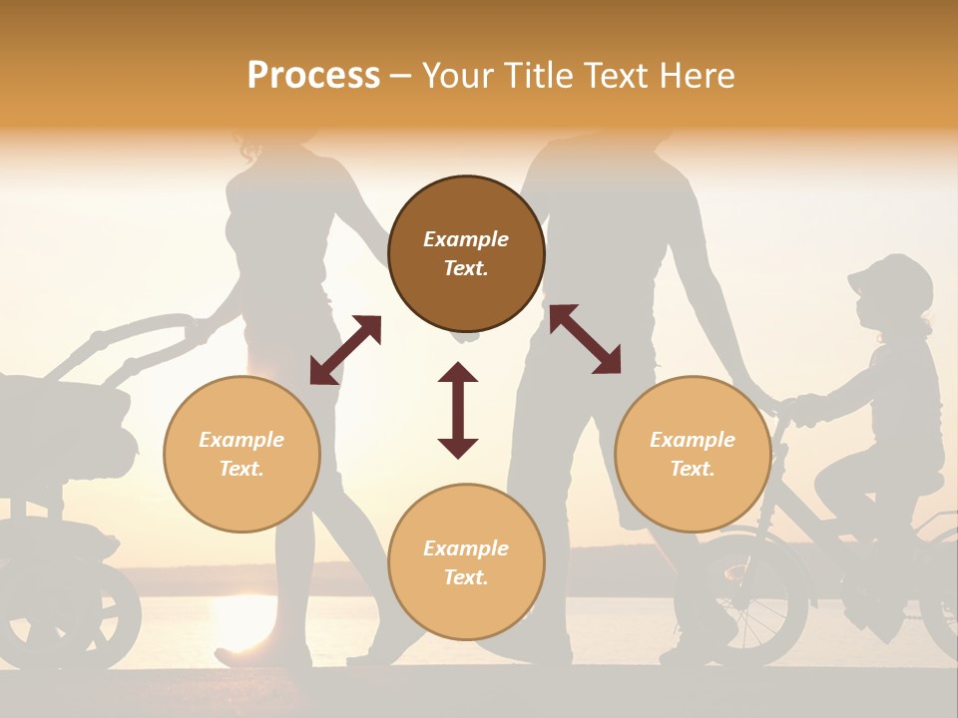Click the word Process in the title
click(x=313, y=76)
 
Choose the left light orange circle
click(x=241, y=454)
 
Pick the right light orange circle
click(x=693, y=454)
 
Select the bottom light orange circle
click(x=466, y=561)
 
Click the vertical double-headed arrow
click(x=458, y=410)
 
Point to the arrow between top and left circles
click(x=345, y=349)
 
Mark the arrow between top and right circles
click(x=585, y=339)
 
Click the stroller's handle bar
click(x=150, y=329)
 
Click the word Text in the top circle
click(x=466, y=268)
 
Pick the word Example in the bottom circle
click(x=466, y=547)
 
